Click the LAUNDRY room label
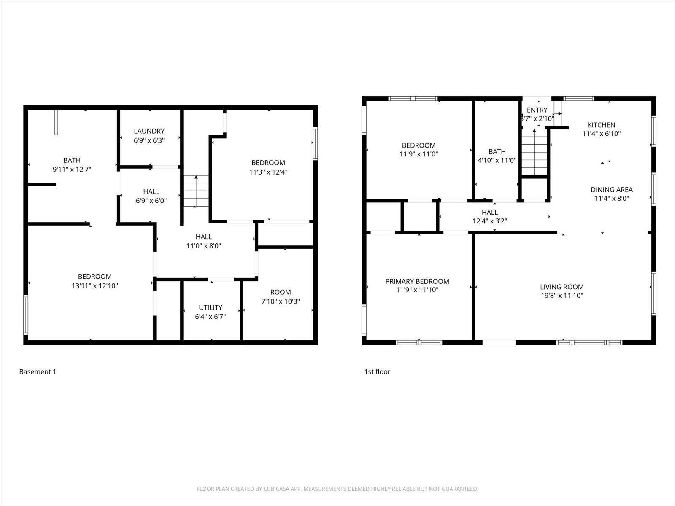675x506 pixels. [149, 131]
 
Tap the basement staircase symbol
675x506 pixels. [196, 191]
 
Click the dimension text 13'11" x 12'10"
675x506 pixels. [94, 286]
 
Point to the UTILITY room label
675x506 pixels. [211, 307]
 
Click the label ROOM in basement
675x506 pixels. [281, 292]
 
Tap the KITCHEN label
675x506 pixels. [601, 125]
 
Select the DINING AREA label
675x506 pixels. [611, 190]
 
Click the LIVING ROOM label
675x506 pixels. [562, 287]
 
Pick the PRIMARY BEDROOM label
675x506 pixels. [417, 281]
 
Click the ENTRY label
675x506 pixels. [537, 110]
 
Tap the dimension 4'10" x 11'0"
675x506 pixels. [497, 161]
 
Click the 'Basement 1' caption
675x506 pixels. [38, 371]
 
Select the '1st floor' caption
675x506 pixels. [377, 371]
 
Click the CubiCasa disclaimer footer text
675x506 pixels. [337, 489]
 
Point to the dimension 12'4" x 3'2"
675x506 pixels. [489, 221]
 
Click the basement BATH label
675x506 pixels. [72, 160]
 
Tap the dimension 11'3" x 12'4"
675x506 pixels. [268, 172]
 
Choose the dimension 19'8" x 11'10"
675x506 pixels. [562, 296]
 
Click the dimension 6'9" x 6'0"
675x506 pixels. [151, 201]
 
